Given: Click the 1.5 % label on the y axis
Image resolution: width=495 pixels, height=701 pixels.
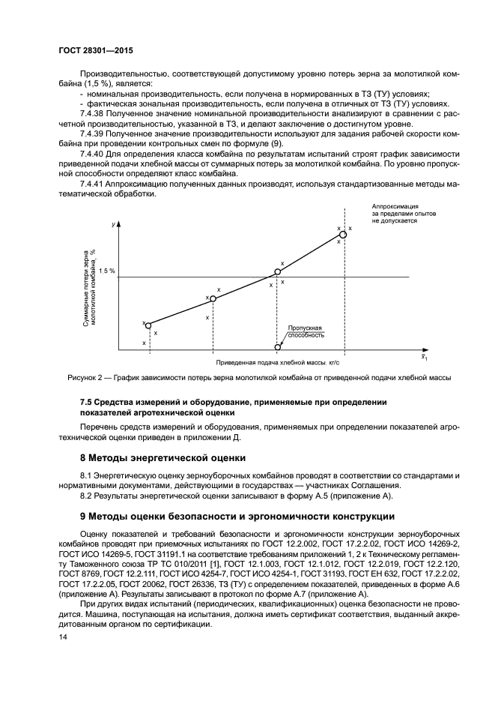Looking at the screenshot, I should coord(107,271).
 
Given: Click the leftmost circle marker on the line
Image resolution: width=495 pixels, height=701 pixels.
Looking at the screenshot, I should coord(148,325).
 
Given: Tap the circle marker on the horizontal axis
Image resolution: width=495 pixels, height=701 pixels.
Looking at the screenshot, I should coord(278,346).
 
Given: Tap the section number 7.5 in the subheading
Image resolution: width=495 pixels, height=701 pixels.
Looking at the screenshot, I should coord(88,402).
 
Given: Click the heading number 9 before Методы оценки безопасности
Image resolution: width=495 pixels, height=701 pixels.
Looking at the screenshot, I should coord(83,517).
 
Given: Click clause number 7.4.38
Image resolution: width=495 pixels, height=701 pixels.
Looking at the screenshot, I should coord(92,113).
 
